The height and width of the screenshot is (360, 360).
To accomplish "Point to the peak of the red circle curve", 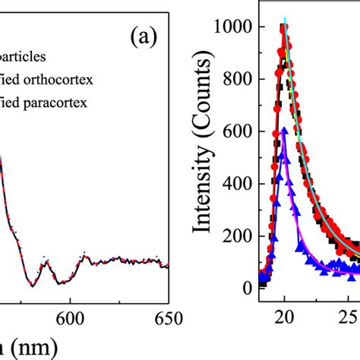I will [284, 27].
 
